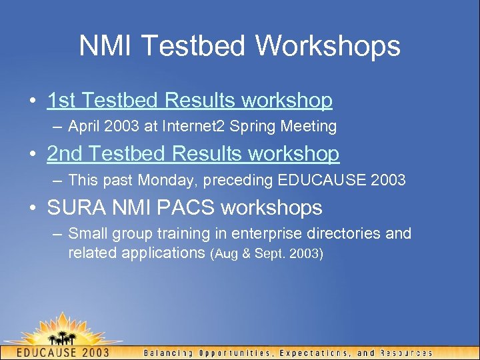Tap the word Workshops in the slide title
point(328,46)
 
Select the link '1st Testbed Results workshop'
point(189,101)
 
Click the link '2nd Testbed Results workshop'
point(193,154)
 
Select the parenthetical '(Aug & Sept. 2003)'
point(266,253)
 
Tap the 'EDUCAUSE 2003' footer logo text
point(62,352)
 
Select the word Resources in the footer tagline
point(405,353)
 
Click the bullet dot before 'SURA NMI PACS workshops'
point(33,208)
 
